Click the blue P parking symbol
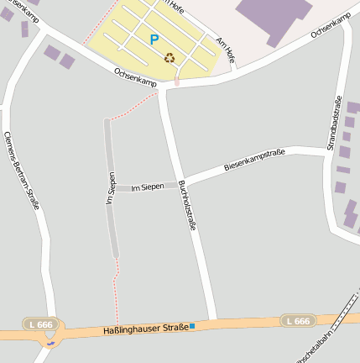click(x=154, y=39)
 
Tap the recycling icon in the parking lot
click(x=170, y=58)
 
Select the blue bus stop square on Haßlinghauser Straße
click(x=192, y=325)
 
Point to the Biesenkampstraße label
click(x=254, y=160)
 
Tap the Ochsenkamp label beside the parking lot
click(x=135, y=77)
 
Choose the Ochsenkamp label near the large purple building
click(x=330, y=26)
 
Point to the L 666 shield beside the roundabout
click(x=39, y=324)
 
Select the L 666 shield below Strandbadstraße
click(x=297, y=321)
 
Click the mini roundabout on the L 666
click(x=50, y=343)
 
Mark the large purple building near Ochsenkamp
click(x=274, y=16)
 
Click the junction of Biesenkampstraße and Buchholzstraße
click(x=181, y=182)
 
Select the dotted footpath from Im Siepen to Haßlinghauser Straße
click(x=117, y=290)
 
